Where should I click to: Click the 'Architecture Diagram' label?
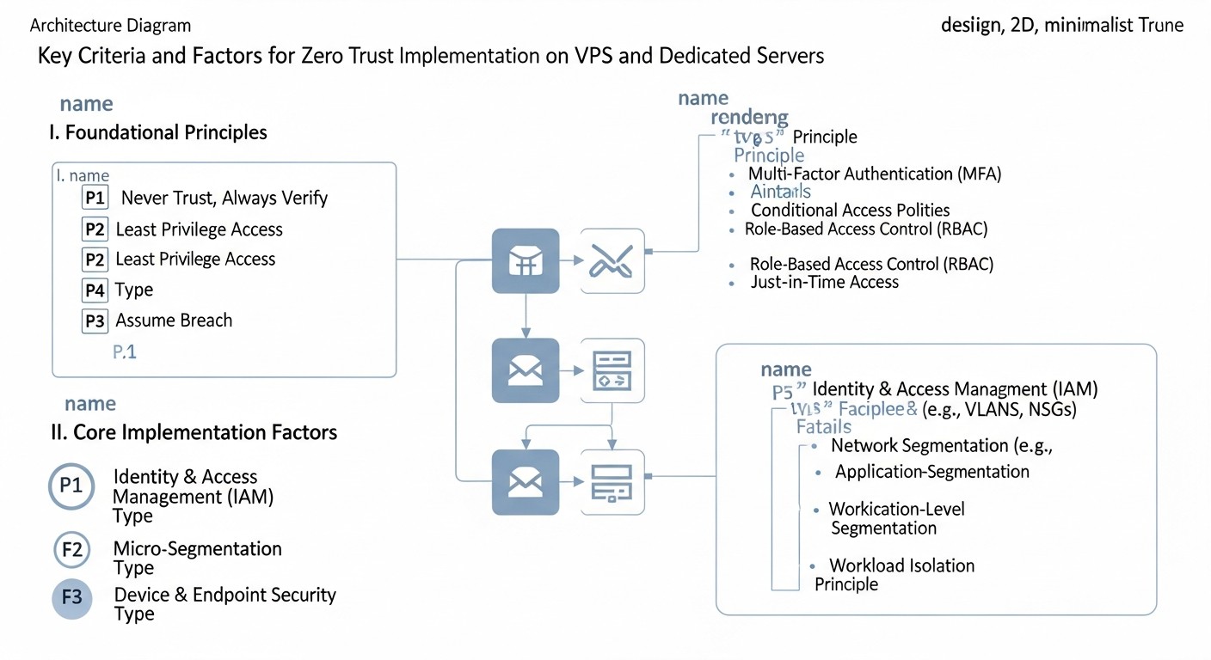[x=110, y=26]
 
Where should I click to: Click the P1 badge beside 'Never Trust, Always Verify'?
[x=95, y=198]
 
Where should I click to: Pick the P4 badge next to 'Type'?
[x=95, y=290]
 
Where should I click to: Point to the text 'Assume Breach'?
[x=174, y=321]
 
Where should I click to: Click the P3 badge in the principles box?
[x=95, y=321]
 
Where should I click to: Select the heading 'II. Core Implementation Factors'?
[x=194, y=432]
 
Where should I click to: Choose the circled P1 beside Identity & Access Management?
[x=71, y=486]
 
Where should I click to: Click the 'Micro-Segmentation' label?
[x=197, y=548]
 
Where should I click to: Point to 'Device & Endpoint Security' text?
[x=224, y=595]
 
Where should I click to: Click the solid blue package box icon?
[x=525, y=261]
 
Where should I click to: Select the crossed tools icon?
[x=612, y=261]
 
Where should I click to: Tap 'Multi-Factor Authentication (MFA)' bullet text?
[x=875, y=174]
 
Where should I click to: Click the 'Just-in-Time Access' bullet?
[x=824, y=282]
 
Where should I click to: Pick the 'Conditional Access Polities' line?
[x=850, y=211]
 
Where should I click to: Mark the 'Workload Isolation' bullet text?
[x=901, y=565]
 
